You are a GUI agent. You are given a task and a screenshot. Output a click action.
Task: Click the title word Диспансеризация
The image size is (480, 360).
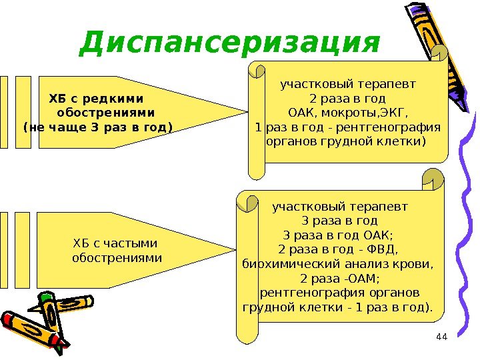(229, 43)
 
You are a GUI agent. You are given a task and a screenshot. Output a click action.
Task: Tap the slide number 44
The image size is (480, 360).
(441, 337)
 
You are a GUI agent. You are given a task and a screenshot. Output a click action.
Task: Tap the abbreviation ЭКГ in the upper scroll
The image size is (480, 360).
(395, 112)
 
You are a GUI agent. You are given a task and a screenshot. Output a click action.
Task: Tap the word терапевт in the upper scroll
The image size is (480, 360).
(384, 85)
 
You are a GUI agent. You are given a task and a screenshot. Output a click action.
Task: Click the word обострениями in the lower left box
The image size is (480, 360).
(117, 257)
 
